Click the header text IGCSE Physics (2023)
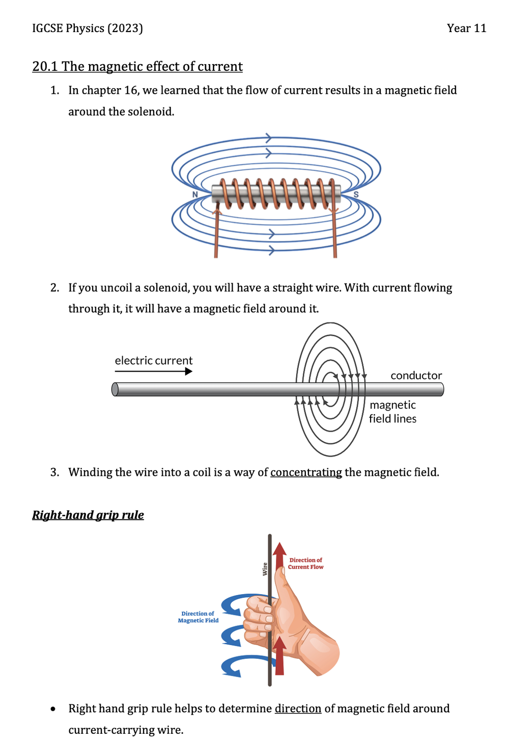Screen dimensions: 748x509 tap(87, 28)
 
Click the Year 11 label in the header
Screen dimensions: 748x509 tap(466, 28)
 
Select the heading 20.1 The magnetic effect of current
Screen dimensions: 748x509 tap(137, 67)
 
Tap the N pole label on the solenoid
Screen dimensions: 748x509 tap(195, 195)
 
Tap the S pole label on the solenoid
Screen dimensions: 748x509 tap(356, 195)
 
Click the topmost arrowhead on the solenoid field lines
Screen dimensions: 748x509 tap(268, 138)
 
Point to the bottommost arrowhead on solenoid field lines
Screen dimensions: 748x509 tap(271, 250)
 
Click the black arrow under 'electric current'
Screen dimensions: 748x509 tap(153, 371)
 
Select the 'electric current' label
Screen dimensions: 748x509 tap(153, 361)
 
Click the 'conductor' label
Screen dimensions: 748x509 tap(416, 376)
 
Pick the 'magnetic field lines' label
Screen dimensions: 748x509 tap(392, 412)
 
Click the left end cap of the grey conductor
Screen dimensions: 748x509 tap(115, 389)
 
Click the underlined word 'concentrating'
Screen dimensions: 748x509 tap(306, 472)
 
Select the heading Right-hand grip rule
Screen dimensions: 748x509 tap(88, 515)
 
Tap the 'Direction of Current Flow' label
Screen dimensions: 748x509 tap(305, 564)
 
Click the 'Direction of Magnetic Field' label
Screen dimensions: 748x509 tap(198, 617)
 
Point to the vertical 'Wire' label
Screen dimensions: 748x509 tap(265, 569)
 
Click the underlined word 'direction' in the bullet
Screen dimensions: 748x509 tap(298, 709)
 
